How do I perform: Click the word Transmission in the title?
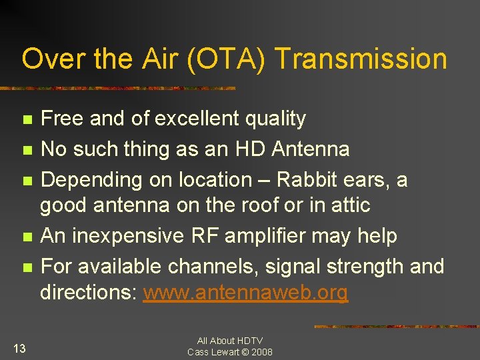361,59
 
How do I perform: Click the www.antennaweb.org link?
245,293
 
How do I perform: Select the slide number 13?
19,347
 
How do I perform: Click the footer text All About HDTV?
229,341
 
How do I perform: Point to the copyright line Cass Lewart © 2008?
229,352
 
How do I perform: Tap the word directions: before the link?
89,293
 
